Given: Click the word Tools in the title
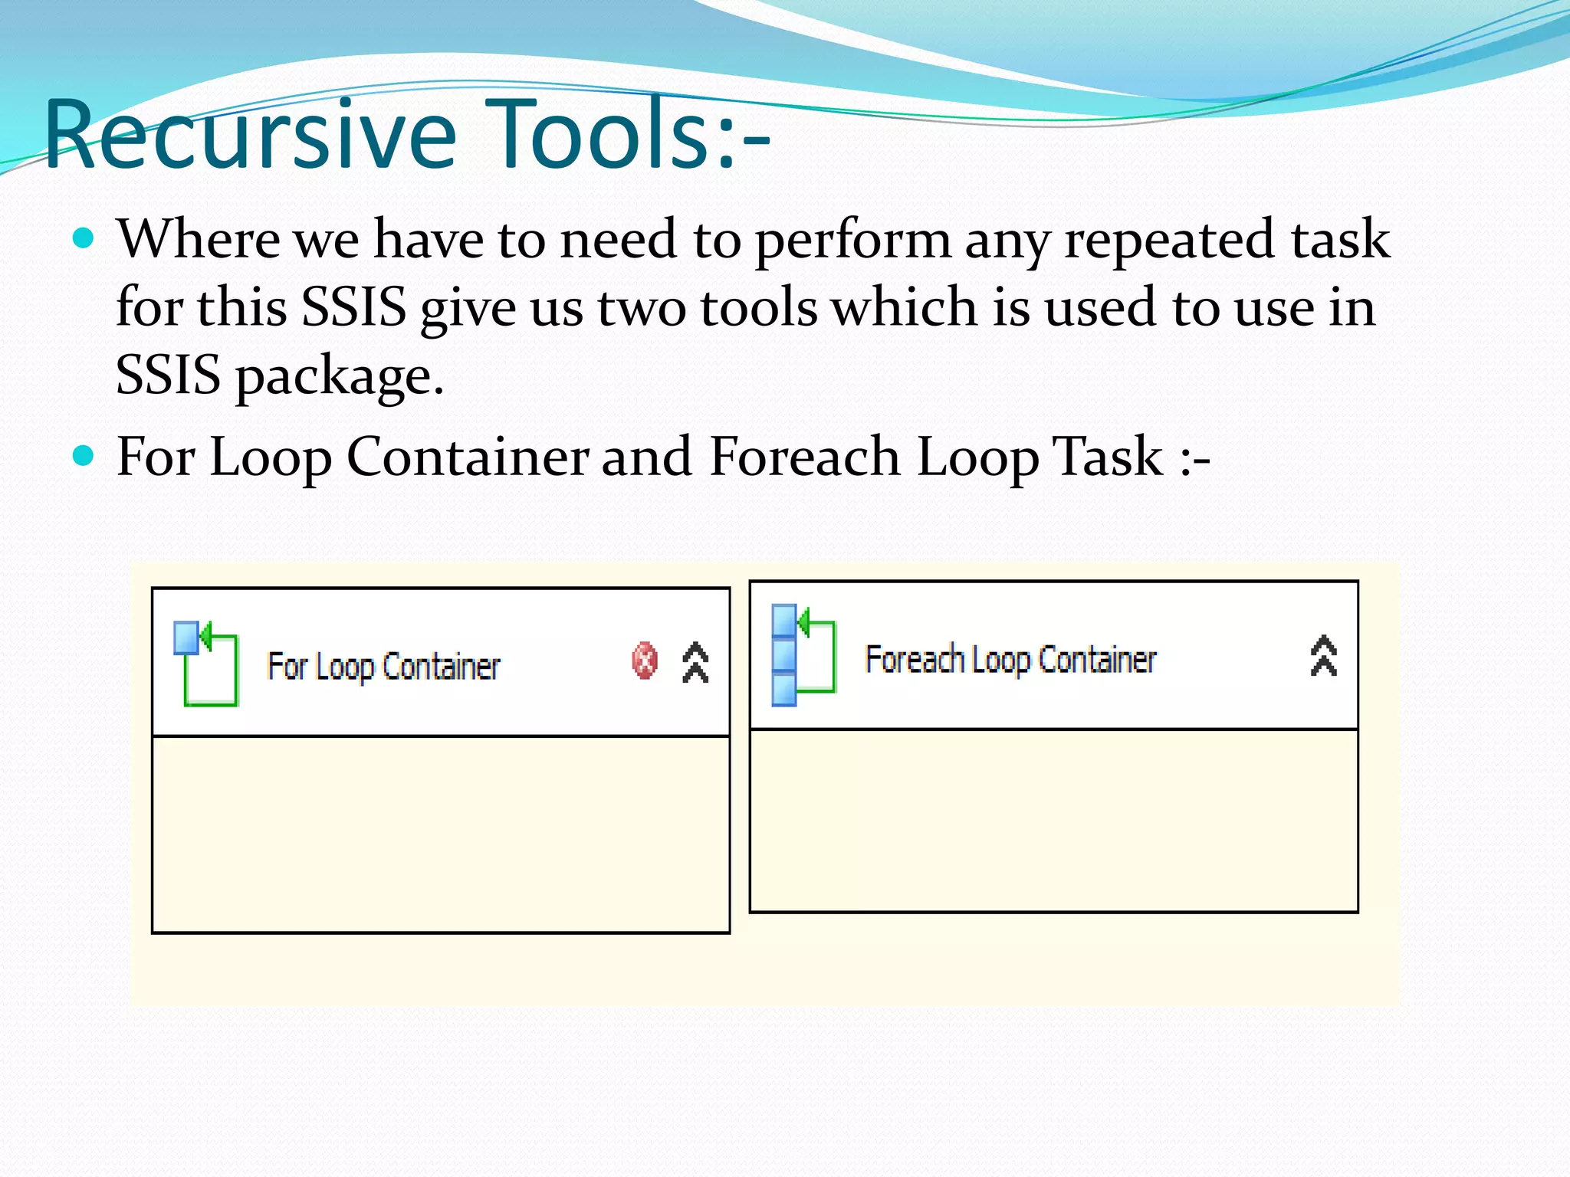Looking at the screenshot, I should coord(598,134).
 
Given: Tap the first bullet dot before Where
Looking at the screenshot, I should coord(83,238).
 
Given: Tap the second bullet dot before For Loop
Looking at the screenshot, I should coord(83,456).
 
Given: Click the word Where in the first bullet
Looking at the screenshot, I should coord(199,239).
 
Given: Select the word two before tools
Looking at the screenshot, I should coord(641,308).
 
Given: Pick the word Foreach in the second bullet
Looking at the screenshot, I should coord(804,457).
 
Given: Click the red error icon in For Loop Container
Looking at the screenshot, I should coord(645,661).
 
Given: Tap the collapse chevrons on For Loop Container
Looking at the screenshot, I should coord(695,662).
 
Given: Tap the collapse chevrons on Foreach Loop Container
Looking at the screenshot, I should coord(1324,656).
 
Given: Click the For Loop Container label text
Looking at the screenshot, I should coord(383,667).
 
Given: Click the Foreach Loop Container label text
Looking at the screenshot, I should coord(1010,660).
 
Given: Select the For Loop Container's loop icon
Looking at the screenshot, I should coord(206,664).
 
